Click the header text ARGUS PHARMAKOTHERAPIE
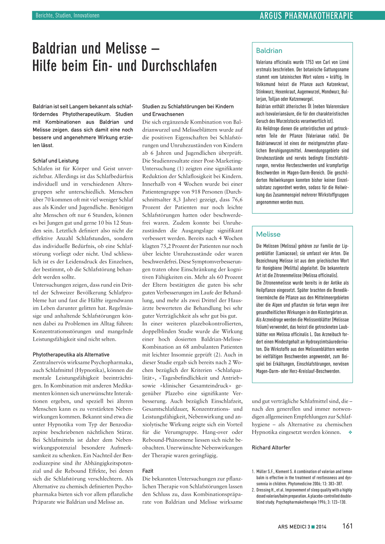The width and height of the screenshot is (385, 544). pyautogui.click(x=306, y=15)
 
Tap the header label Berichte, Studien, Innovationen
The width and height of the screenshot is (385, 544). pyautogui.click(x=68, y=15)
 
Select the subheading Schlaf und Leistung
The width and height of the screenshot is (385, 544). pyautogui.click(x=56, y=161)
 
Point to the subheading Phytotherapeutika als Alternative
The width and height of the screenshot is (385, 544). pyautogui.click(x=71, y=355)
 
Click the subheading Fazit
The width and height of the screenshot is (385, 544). pyautogui.click(x=148, y=471)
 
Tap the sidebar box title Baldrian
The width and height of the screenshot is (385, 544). pyautogui.click(x=269, y=51)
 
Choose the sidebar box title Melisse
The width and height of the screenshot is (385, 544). pyautogui.click(x=268, y=234)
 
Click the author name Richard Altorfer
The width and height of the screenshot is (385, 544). pyautogui.click(x=271, y=447)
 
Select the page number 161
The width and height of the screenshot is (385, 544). pyautogui.click(x=347, y=526)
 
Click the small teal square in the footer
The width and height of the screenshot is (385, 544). pyautogui.click(x=313, y=527)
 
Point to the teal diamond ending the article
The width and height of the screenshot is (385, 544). pyautogui.click(x=350, y=432)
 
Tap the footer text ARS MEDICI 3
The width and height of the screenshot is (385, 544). pyautogui.click(x=294, y=527)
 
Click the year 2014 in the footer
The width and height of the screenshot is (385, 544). pyautogui.click(x=321, y=527)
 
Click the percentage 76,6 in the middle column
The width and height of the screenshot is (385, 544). pyautogui.click(x=237, y=199)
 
